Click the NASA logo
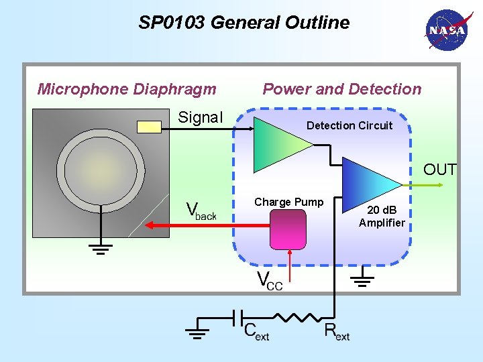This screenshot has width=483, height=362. (445, 31)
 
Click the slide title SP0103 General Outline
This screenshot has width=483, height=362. (244, 23)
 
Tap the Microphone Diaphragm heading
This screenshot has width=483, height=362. (127, 89)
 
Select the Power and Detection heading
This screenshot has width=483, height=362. (342, 89)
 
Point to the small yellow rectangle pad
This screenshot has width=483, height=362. (149, 127)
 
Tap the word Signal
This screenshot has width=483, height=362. (200, 118)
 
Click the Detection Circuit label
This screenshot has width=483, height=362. (350, 125)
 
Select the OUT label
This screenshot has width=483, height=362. (439, 170)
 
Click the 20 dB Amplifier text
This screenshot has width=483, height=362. (382, 217)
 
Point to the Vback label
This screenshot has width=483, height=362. (201, 211)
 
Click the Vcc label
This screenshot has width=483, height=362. (270, 281)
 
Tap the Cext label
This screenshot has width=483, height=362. (256, 331)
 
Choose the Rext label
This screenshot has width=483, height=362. (336, 331)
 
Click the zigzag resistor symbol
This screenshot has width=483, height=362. (298, 317)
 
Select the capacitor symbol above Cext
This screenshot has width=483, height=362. (237, 317)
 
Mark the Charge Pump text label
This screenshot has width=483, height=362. (288, 202)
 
